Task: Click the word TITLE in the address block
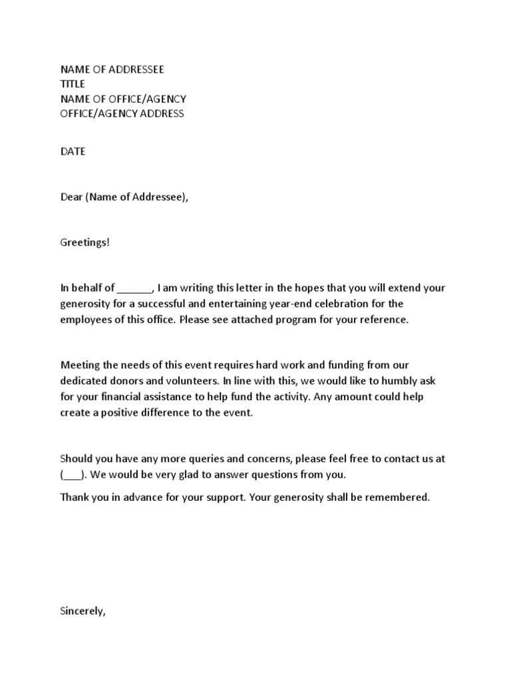tap(73, 84)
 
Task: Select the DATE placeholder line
tap(73, 151)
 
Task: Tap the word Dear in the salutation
tap(71, 197)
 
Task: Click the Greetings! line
tap(85, 242)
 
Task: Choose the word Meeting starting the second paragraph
tap(81, 364)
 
